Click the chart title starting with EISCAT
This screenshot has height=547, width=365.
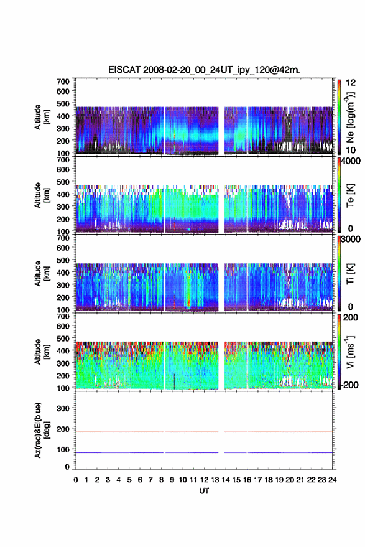coord(204,70)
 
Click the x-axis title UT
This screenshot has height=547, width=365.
coord(204,491)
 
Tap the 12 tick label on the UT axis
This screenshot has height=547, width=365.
coord(205,480)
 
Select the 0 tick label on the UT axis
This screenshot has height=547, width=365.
coord(76,480)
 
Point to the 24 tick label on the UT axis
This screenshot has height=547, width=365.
coord(333,480)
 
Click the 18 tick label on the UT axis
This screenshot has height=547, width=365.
coord(269,480)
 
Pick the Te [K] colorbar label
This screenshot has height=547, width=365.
coord(350,195)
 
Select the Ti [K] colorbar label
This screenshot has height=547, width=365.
coord(350,274)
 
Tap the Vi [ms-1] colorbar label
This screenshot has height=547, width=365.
coord(350,352)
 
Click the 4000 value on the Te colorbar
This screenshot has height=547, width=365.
coord(351,161)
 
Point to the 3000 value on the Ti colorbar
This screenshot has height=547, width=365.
coord(351,240)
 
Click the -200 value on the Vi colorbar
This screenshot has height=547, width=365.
coord(350,385)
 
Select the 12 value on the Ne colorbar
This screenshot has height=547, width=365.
coord(351,83)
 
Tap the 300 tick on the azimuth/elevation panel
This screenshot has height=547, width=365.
coord(63,408)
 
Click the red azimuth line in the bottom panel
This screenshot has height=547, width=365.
coord(204,432)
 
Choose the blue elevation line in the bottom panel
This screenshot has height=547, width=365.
coord(204,452)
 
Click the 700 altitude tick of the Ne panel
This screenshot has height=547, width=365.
coord(63,82)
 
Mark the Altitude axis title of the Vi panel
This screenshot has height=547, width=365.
coord(42,352)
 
